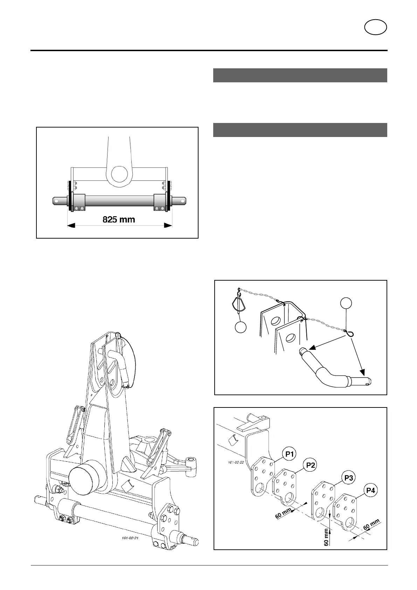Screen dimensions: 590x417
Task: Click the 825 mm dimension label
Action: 119,220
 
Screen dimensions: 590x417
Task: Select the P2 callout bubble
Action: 311,465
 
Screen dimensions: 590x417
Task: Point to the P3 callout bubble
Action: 349,478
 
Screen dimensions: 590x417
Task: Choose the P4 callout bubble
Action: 370,490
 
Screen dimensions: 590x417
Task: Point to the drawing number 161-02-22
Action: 235,462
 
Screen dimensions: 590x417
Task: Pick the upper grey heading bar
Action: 300,75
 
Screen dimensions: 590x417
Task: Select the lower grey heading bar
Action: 300,130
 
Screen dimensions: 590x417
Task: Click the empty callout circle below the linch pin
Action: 241,327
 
